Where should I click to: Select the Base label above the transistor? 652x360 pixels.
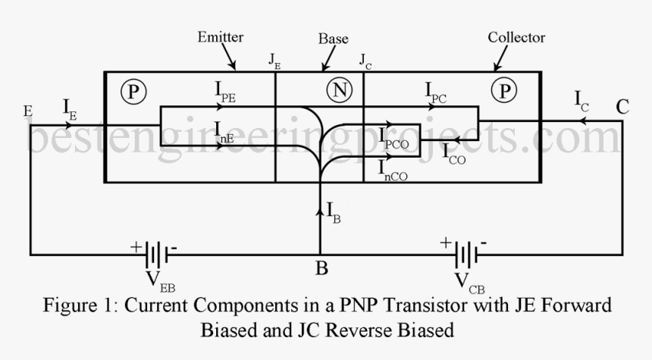point(334,38)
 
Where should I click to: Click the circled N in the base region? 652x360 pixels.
point(338,91)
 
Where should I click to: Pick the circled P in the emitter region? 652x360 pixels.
point(133,92)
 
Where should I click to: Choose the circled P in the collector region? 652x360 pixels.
point(503,91)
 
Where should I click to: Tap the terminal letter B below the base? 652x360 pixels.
point(320,268)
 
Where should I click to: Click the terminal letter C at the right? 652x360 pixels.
point(622,107)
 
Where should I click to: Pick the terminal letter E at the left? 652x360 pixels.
point(28,112)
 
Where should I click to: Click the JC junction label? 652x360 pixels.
point(365,60)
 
